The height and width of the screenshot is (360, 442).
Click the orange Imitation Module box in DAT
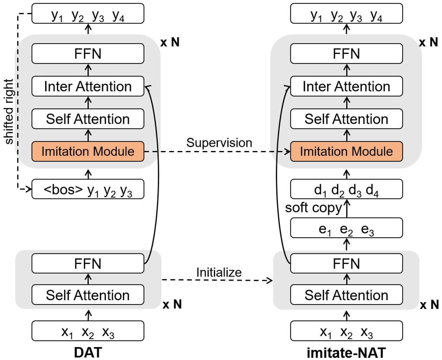(88, 151)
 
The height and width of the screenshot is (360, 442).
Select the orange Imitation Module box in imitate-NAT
(346, 151)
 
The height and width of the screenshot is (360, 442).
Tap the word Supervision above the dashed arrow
(219, 143)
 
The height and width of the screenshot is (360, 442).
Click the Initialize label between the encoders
(219, 272)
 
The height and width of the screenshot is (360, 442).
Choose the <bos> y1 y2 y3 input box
(88, 189)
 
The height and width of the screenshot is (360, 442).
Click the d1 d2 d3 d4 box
(346, 189)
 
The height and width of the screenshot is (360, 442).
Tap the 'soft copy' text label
(313, 208)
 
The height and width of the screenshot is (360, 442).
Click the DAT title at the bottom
(88, 352)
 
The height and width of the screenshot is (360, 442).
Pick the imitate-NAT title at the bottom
(346, 352)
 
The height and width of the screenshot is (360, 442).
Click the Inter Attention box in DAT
(88, 86)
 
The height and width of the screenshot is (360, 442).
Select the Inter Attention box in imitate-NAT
(346, 86)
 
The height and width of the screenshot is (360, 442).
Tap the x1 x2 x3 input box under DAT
(88, 331)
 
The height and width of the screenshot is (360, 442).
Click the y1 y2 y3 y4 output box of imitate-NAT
(346, 14)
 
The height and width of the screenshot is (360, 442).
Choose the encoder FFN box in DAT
(88, 264)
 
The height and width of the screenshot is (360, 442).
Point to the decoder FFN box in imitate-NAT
(346, 54)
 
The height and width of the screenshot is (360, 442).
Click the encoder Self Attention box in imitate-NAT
(346, 295)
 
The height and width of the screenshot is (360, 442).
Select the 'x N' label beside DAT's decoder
(170, 42)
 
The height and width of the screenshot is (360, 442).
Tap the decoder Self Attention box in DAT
(88, 119)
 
